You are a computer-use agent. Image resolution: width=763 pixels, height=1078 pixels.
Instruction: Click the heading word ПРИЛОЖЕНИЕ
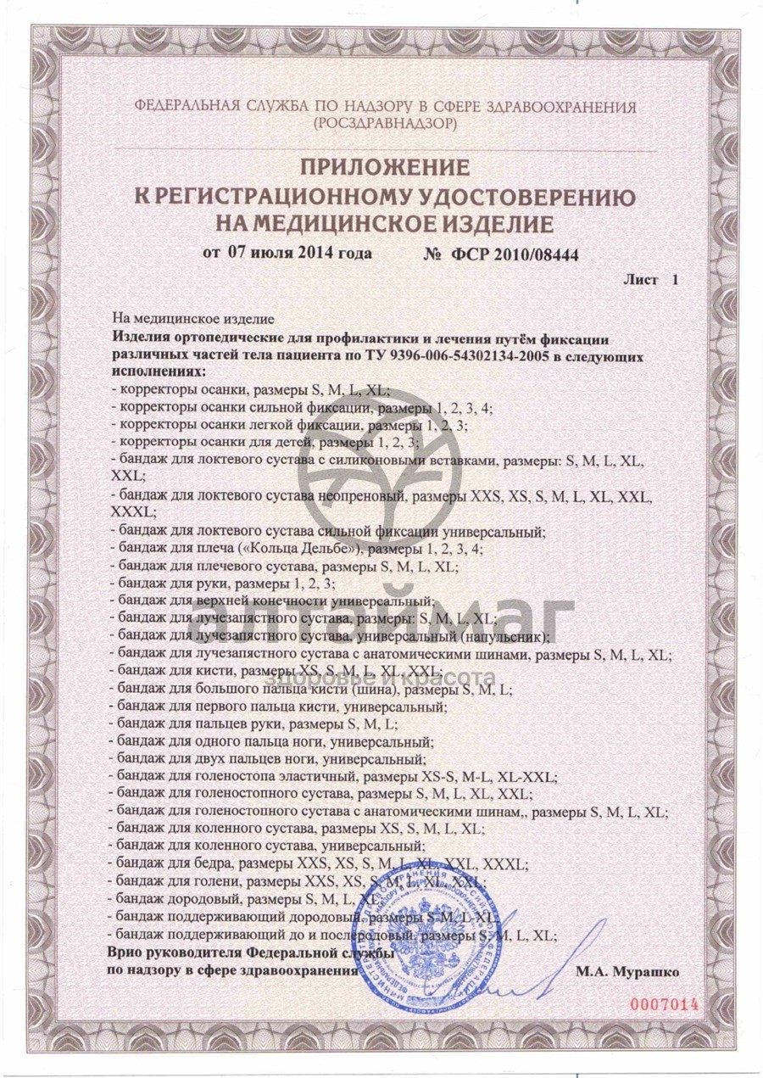point(384,166)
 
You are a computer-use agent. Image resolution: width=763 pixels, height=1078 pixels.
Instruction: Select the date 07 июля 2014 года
point(287,253)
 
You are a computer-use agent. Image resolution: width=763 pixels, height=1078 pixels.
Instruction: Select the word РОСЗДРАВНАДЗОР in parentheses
point(384,123)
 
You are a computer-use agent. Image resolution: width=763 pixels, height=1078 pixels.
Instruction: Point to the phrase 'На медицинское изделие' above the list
point(193,319)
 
